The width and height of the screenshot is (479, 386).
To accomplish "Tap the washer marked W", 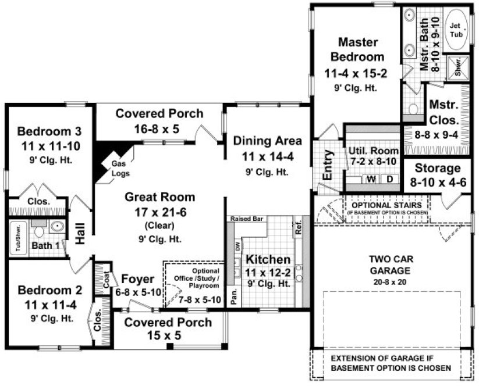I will (370, 179).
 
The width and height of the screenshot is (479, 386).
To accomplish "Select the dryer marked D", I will (389, 179).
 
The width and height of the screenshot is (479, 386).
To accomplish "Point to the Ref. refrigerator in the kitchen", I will (299, 229).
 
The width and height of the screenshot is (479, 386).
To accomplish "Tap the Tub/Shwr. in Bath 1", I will (17, 238).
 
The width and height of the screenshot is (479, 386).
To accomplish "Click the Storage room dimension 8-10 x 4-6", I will (438, 181).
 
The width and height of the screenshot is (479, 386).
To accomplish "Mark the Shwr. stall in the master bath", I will (457, 66).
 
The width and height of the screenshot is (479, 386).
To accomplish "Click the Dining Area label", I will (267, 140).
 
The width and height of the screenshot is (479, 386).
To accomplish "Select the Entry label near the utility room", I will (328, 165).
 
